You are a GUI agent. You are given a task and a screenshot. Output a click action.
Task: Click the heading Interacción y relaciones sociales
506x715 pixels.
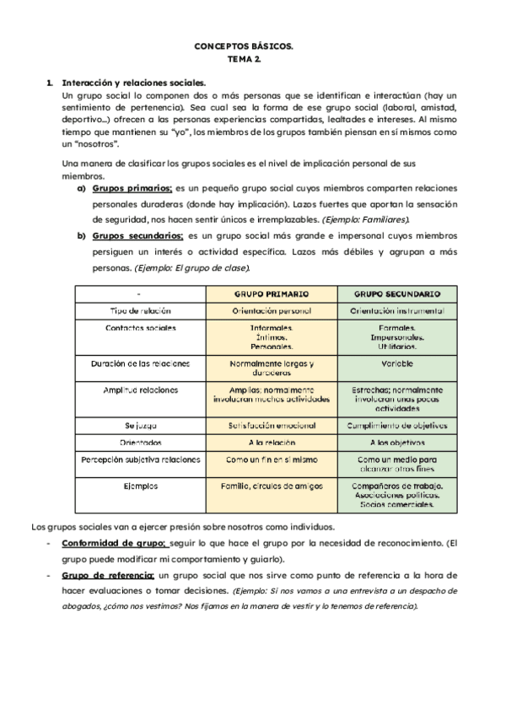pyautogui.click(x=133, y=83)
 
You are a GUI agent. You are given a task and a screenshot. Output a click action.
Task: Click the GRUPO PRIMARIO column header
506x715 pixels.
pyautogui.click(x=271, y=294)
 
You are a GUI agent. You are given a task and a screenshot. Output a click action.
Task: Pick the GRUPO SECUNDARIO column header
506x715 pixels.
pyautogui.click(x=397, y=294)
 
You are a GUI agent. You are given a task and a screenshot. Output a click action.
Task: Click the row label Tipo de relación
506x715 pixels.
pyautogui.click(x=141, y=310)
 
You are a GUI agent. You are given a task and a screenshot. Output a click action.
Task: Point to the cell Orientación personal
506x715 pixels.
pyautogui.click(x=271, y=310)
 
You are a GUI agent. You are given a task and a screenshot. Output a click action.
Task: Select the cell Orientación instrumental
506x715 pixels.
pyautogui.click(x=397, y=310)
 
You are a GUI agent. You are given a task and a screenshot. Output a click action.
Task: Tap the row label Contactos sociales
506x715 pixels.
pyautogui.click(x=141, y=326)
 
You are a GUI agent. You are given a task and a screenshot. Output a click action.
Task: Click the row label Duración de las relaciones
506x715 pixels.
pyautogui.click(x=141, y=364)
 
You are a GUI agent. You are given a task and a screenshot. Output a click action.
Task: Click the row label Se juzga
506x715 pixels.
pyautogui.click(x=141, y=426)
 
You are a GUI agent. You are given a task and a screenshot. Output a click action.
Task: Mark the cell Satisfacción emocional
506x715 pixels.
pyautogui.click(x=271, y=426)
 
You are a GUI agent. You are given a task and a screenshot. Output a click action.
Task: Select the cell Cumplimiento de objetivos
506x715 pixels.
pyautogui.click(x=397, y=426)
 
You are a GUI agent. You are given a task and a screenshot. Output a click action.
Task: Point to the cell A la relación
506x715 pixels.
pyautogui.click(x=271, y=443)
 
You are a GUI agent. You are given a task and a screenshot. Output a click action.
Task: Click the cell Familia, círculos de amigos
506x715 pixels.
pyautogui.click(x=271, y=487)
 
